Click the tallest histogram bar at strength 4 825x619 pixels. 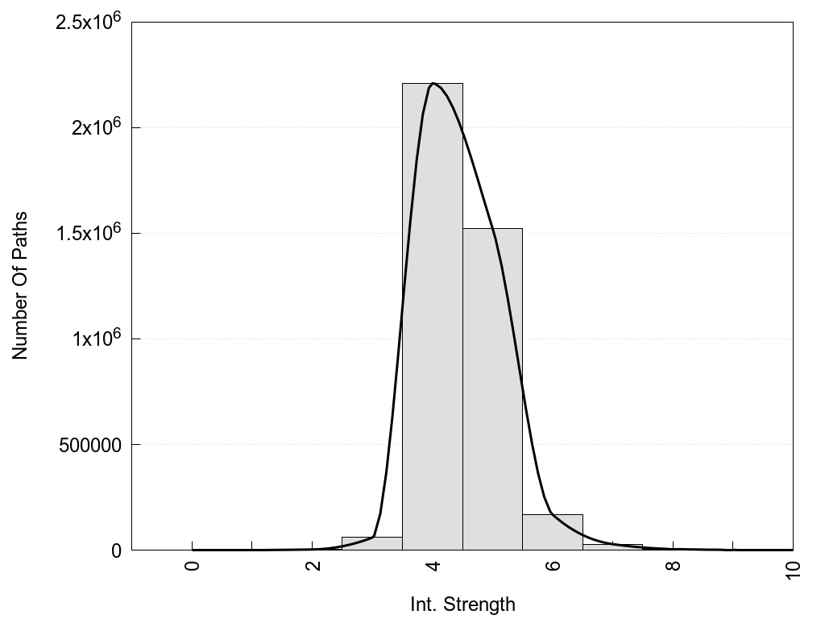[433, 322]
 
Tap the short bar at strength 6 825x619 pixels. [553, 532]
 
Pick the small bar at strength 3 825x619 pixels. [372, 543]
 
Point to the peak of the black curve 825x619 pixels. [433, 83]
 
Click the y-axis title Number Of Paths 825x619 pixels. [20, 286]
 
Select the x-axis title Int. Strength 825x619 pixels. [462, 604]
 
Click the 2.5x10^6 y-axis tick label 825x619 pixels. [88, 22]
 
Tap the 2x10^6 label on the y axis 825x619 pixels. [95, 127]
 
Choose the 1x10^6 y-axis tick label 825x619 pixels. [95, 339]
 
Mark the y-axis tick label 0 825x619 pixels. [115, 550]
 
